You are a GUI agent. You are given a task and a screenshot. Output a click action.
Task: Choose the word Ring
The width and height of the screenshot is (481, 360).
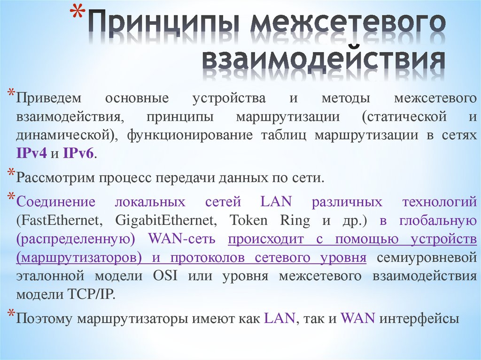coord(295,221)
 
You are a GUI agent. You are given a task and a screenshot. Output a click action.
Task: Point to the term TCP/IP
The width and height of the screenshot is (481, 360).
coord(89,294)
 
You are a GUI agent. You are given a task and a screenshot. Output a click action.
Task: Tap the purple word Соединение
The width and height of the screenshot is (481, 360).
coord(56,202)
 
